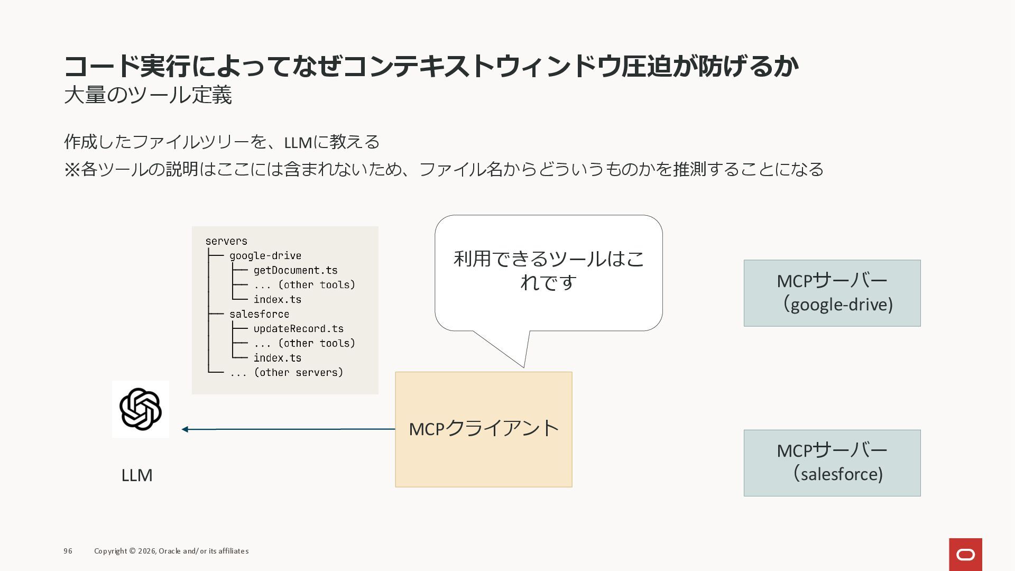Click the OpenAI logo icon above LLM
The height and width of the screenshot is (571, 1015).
pos(140,409)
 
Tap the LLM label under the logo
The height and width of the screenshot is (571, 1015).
pos(137,475)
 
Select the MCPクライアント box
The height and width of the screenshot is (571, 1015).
pos(483,429)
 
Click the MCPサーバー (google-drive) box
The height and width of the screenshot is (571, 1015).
pos(832,293)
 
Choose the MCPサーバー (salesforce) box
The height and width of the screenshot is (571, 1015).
pos(832,463)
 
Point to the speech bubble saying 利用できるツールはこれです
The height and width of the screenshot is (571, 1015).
pos(548,273)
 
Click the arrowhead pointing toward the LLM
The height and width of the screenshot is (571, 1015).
pos(185,429)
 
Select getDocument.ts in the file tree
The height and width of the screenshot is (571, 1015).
pos(295,270)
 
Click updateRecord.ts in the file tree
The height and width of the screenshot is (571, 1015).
pos(298,328)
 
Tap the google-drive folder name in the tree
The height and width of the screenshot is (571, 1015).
pos(265,256)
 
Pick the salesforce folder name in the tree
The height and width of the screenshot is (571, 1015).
pos(259,314)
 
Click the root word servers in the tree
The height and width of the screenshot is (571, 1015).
pos(226,241)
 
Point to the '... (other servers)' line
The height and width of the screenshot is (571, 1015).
pos(286,372)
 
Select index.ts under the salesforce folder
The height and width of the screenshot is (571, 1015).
pos(277,358)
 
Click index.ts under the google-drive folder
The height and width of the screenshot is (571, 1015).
pos(277,299)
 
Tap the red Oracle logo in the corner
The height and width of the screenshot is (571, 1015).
pos(965,555)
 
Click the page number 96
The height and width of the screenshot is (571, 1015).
pos(68,551)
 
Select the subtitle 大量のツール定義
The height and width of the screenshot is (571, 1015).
pos(148,95)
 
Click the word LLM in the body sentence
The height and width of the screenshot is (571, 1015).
pos(298,142)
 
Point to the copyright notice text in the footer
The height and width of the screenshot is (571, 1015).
pos(171,551)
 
